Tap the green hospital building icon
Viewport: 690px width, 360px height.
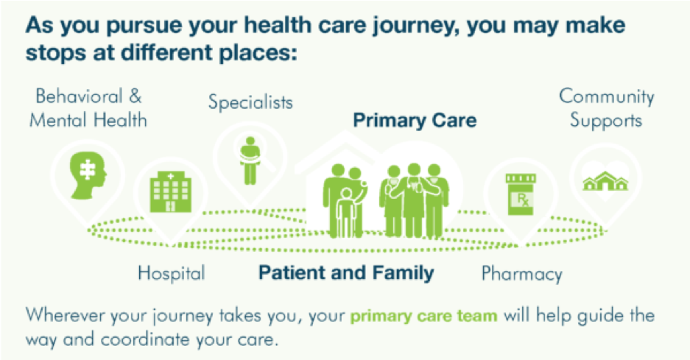171,192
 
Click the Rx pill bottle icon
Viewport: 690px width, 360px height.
521,194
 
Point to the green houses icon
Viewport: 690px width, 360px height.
605,181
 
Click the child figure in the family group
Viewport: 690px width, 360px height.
346,213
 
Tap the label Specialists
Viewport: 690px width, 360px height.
250,102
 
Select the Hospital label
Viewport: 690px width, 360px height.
171,273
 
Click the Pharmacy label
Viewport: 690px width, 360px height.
522,273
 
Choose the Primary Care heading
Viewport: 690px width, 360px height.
415,120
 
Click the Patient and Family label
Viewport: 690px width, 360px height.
346,272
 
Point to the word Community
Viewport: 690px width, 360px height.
606,97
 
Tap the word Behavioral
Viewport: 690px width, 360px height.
80,96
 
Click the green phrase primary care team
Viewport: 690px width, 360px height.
423,316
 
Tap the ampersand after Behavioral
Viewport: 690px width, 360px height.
135,96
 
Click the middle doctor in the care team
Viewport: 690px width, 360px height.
414,200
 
